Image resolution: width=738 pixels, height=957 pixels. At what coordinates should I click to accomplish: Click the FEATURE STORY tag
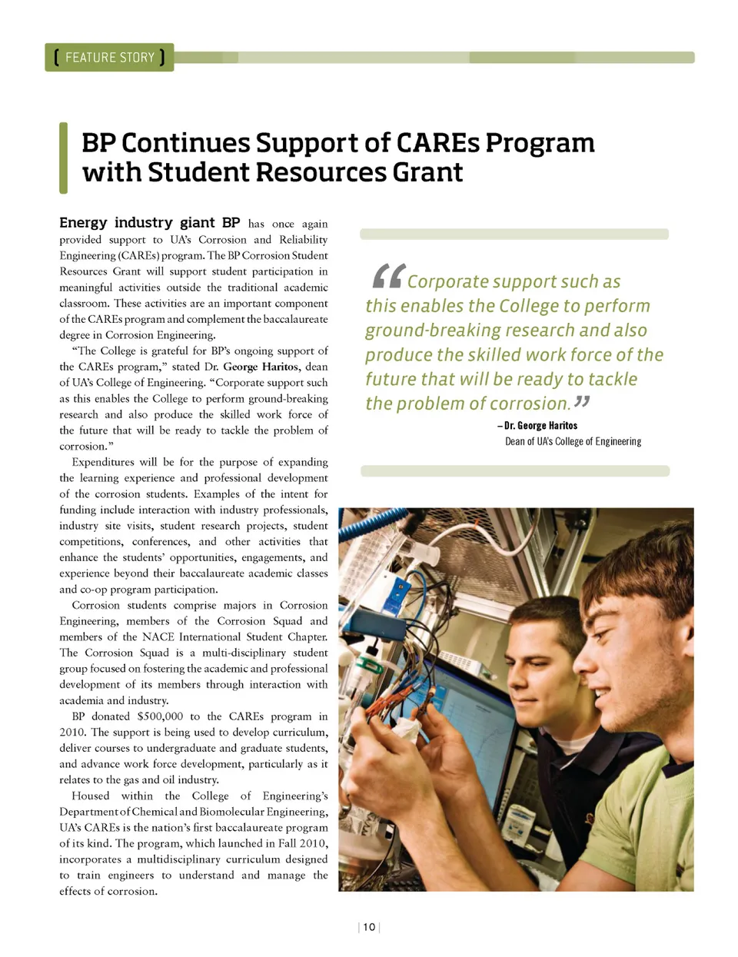(x=109, y=58)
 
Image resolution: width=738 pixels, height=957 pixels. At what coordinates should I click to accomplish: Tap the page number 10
(x=369, y=927)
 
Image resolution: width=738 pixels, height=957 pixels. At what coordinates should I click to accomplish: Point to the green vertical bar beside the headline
(x=64, y=158)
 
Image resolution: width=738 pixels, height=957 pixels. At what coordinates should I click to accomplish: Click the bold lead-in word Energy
(x=83, y=223)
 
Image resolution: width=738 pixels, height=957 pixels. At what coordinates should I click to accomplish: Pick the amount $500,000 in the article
(x=160, y=716)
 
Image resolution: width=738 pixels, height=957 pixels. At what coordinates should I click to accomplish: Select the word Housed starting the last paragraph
(x=91, y=796)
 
